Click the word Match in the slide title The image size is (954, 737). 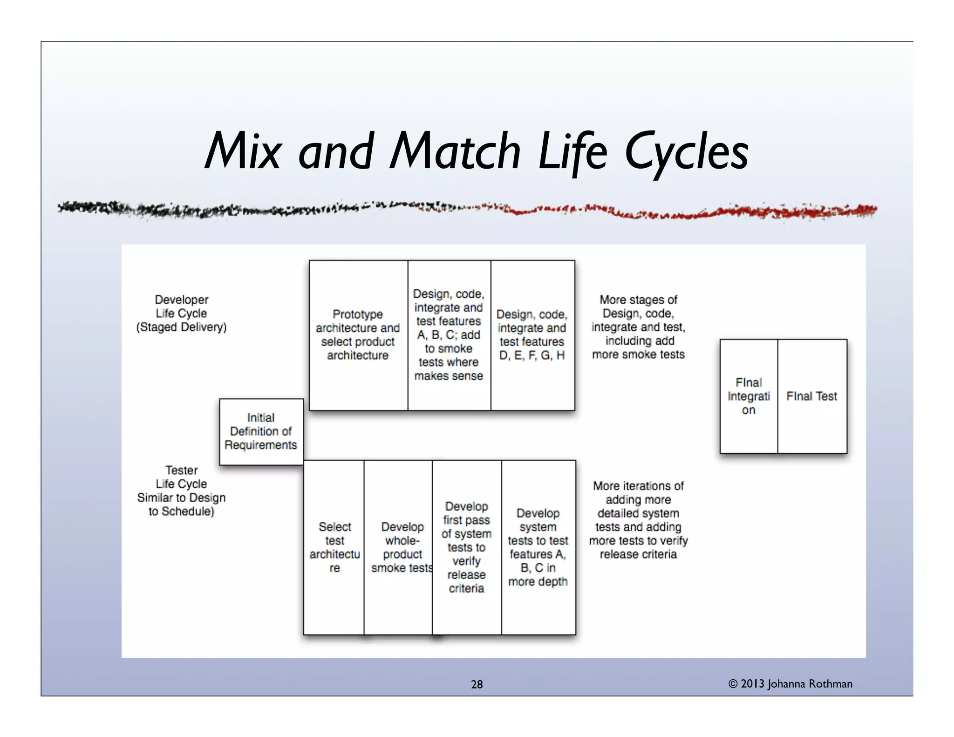[x=455, y=151]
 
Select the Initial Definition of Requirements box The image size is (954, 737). [x=261, y=431]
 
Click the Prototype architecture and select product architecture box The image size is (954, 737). [x=358, y=335]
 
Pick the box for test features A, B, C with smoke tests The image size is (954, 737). [x=449, y=335]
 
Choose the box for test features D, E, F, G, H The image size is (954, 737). [x=532, y=335]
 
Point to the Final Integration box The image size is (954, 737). [x=749, y=396]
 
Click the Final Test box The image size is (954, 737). [x=812, y=396]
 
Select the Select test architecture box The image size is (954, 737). [x=334, y=547]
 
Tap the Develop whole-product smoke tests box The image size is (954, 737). [x=398, y=547]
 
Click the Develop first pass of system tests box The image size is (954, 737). [x=467, y=547]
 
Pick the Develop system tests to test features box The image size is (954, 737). [x=538, y=547]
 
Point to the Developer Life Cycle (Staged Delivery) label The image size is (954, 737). [x=182, y=314]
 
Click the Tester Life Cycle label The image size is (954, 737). [x=182, y=491]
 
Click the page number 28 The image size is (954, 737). [x=477, y=684]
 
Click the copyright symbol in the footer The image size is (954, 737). [x=733, y=684]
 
